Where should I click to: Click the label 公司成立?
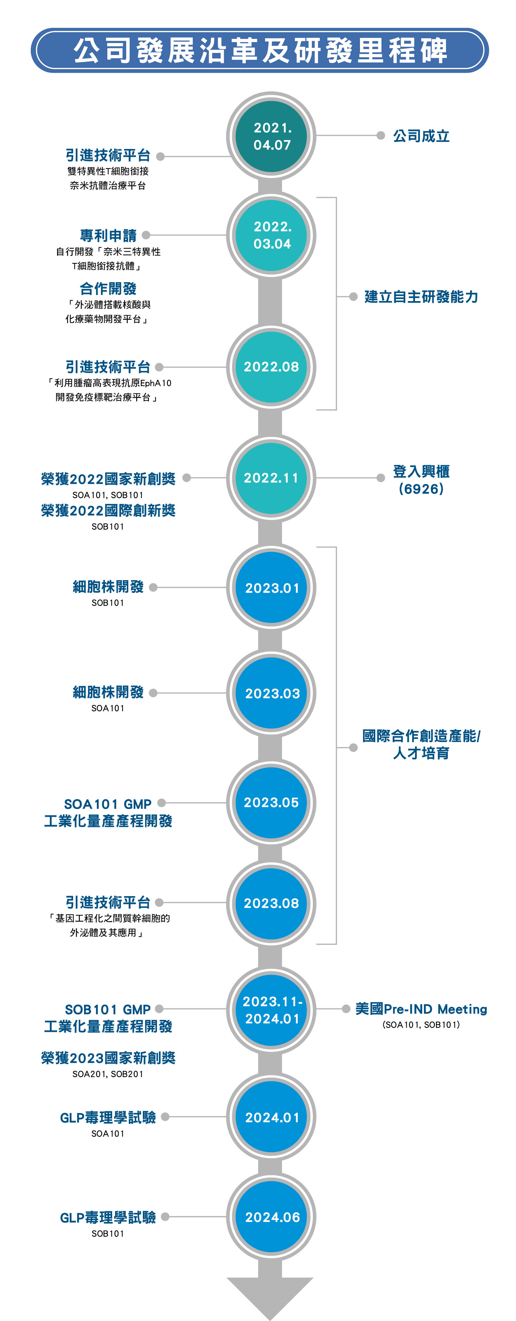click(421, 136)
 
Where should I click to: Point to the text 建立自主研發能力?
click(421, 297)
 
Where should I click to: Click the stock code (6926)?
click(421, 489)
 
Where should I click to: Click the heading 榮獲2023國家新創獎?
click(108, 1058)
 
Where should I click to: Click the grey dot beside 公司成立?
click(380, 136)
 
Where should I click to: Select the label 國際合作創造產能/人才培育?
click(421, 745)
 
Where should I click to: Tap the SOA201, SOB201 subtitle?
click(108, 1074)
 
